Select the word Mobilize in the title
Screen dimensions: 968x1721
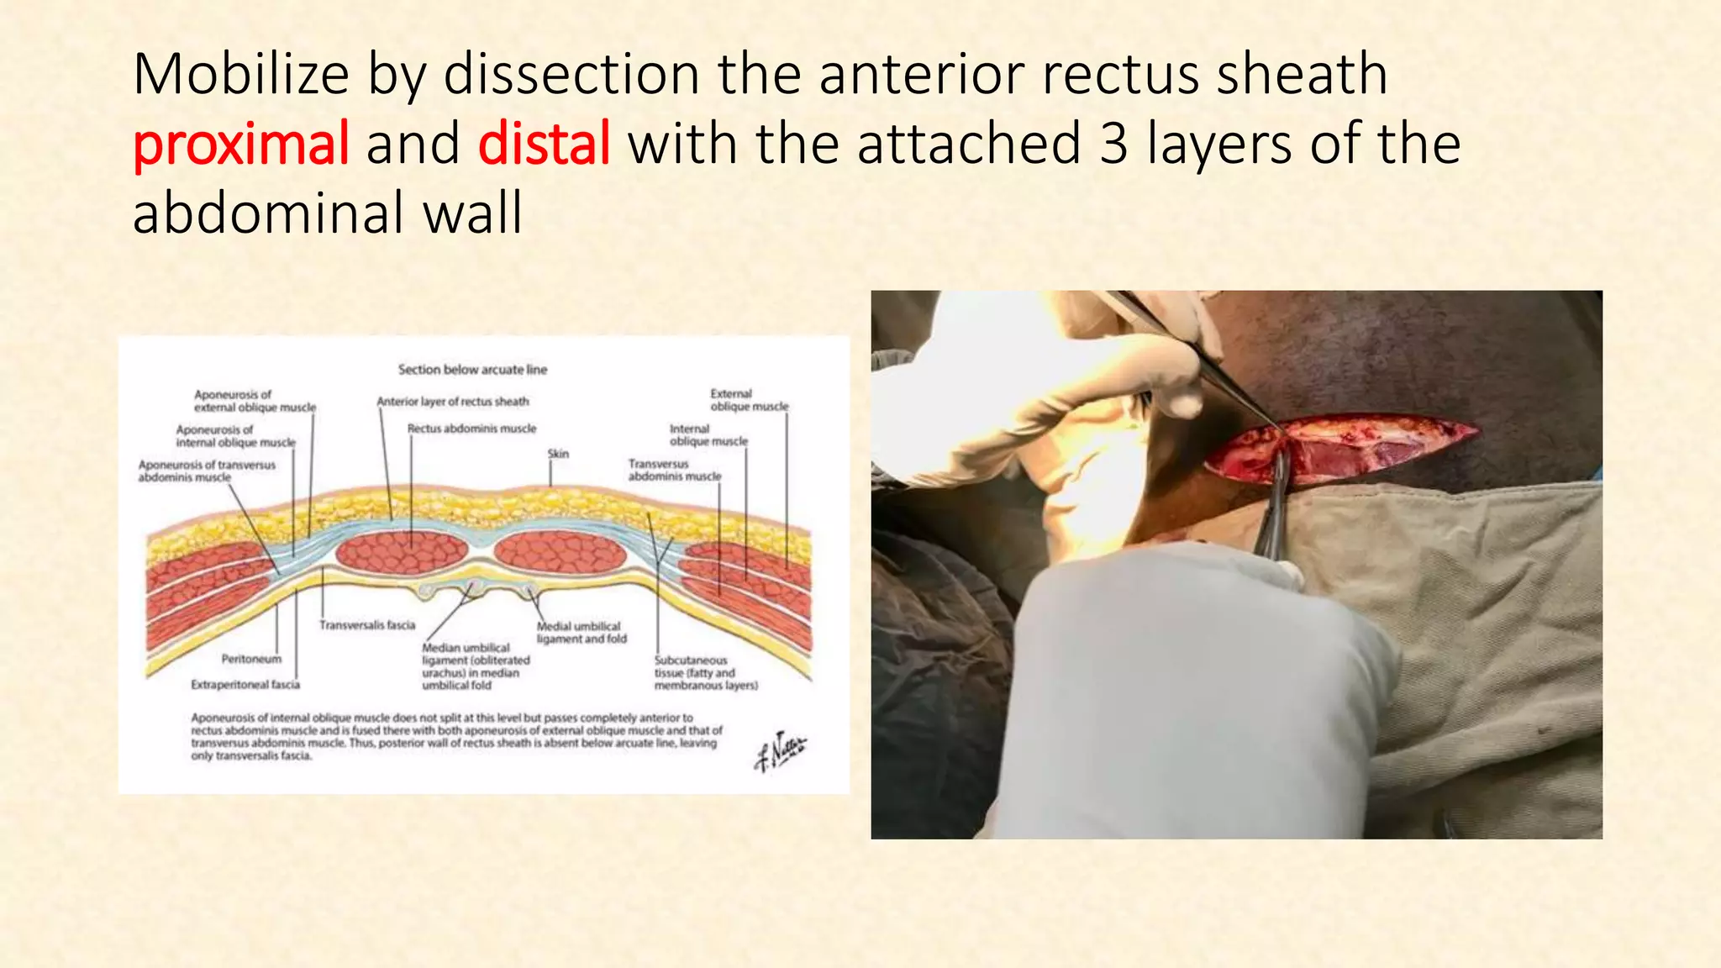click(x=240, y=74)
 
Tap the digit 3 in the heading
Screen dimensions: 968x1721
click(x=1113, y=143)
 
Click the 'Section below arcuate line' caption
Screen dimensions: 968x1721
click(x=472, y=369)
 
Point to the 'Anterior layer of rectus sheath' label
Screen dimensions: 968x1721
click(x=452, y=402)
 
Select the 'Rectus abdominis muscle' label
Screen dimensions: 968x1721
click(x=471, y=429)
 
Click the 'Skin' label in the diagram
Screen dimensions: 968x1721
click(x=558, y=454)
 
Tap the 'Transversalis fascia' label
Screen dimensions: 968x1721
click(x=367, y=625)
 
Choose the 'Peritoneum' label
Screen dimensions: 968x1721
click(x=251, y=659)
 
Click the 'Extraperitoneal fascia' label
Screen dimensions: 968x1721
click(x=245, y=685)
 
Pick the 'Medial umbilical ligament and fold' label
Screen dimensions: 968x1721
click(x=581, y=633)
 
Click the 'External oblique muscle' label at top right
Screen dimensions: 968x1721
click(x=749, y=400)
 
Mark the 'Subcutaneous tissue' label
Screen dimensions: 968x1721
click(x=705, y=673)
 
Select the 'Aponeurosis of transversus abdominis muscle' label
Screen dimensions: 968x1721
click(x=206, y=471)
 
